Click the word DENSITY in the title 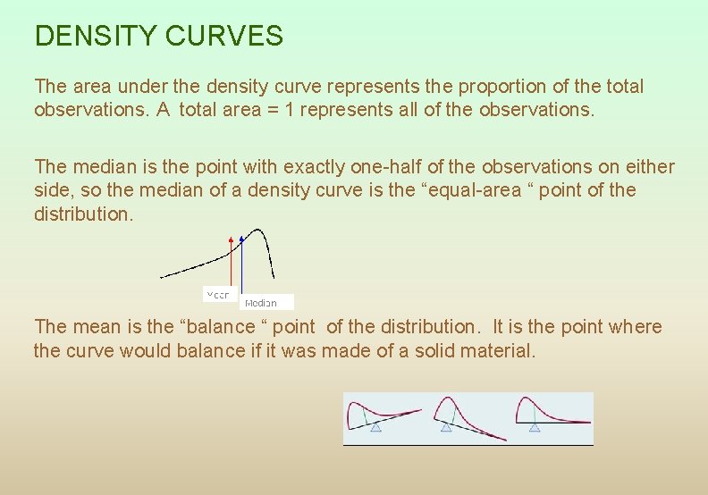pyautogui.click(x=95, y=37)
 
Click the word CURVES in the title pyautogui.click(x=224, y=37)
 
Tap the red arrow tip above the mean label pyautogui.click(x=232, y=240)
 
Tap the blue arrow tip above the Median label pyautogui.click(x=241, y=239)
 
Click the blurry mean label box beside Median pyautogui.click(x=218, y=294)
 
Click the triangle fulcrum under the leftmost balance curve pyautogui.click(x=376, y=428)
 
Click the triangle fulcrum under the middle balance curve pyautogui.click(x=446, y=428)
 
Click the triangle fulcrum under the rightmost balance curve pyautogui.click(x=535, y=428)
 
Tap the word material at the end pyautogui.click(x=489, y=350)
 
